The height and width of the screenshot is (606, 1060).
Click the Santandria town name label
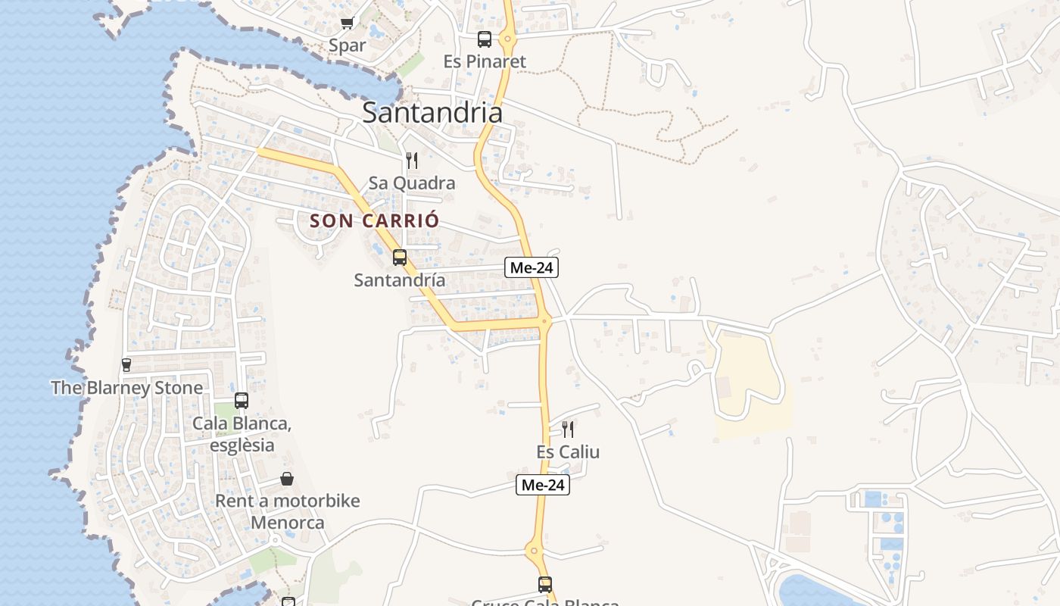432,112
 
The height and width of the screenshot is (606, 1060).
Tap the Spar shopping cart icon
347,23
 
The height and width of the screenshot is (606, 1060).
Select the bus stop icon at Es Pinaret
485,39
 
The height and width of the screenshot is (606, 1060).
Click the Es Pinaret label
485,61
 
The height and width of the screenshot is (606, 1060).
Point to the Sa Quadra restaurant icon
412,160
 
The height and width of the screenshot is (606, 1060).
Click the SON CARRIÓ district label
374,221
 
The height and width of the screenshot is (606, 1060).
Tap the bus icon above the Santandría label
400,258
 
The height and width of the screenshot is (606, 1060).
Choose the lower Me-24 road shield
543,485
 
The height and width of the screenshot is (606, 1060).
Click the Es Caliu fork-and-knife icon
568,430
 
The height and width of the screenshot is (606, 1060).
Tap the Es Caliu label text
568,452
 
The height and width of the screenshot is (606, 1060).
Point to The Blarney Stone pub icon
126,365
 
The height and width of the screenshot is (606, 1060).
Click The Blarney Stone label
127,388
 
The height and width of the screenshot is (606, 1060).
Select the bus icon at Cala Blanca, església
242,401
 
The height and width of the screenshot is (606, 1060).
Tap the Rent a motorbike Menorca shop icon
287,479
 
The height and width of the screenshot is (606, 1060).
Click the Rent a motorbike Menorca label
288,511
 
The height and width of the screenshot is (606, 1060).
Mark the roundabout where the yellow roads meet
544,321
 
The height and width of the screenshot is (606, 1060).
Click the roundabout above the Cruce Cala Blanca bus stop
534,551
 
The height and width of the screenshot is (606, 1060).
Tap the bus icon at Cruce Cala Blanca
545,584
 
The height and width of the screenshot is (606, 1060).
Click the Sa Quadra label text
412,183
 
